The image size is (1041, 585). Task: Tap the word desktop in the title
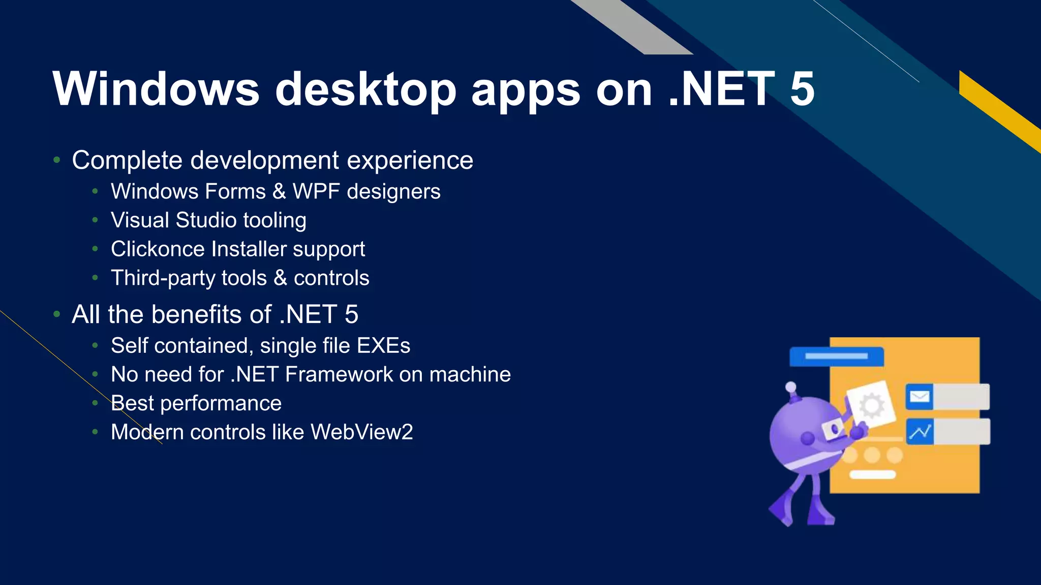click(365, 89)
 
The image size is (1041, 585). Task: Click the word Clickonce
click(158, 249)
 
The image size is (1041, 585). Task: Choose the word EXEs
click(383, 346)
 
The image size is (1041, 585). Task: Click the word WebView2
click(361, 432)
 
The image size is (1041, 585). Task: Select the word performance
click(221, 404)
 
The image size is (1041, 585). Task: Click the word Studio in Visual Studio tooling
click(206, 220)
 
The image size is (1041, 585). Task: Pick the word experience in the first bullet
click(410, 160)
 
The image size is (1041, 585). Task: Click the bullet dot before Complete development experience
click(57, 160)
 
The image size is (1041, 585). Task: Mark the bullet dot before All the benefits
click(57, 314)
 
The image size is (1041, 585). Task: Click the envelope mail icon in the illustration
click(919, 397)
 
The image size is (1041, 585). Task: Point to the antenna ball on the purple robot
click(791, 387)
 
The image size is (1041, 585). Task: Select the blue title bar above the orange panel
click(836, 356)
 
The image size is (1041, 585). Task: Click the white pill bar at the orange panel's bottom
click(872, 475)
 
